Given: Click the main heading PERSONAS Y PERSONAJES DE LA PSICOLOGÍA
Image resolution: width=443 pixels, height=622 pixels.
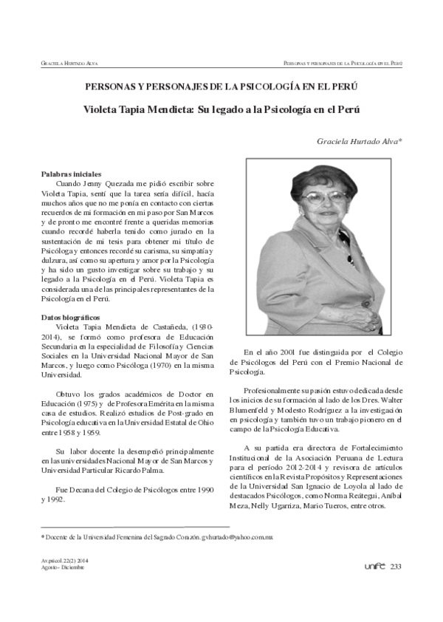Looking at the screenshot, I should tap(221, 86).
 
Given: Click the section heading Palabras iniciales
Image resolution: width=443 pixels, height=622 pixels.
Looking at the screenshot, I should tap(71, 173).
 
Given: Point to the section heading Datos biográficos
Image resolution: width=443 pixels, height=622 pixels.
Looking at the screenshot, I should tap(70, 317).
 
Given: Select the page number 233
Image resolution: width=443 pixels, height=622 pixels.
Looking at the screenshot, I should tap(396, 566).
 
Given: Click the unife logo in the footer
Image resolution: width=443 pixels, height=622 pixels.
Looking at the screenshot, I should tap(375, 566).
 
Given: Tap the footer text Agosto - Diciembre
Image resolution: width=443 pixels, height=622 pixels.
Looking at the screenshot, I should tap(63, 568).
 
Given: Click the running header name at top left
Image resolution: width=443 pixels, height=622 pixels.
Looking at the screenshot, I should tap(64, 64).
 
